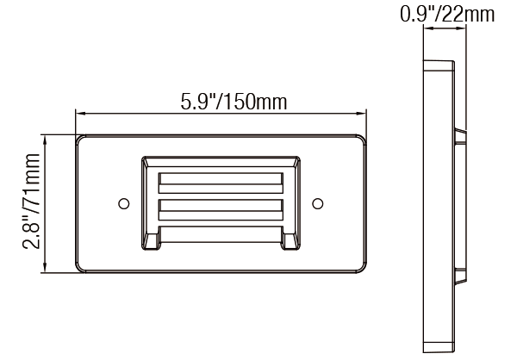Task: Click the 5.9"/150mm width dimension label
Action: (234, 102)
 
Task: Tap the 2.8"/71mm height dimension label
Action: (31, 201)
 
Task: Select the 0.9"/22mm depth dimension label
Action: (447, 14)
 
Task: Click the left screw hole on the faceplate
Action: (123, 203)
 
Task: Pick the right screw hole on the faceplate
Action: (317, 203)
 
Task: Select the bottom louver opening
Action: (221, 234)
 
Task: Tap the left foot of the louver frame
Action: (152, 242)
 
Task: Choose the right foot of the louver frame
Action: (290, 242)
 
